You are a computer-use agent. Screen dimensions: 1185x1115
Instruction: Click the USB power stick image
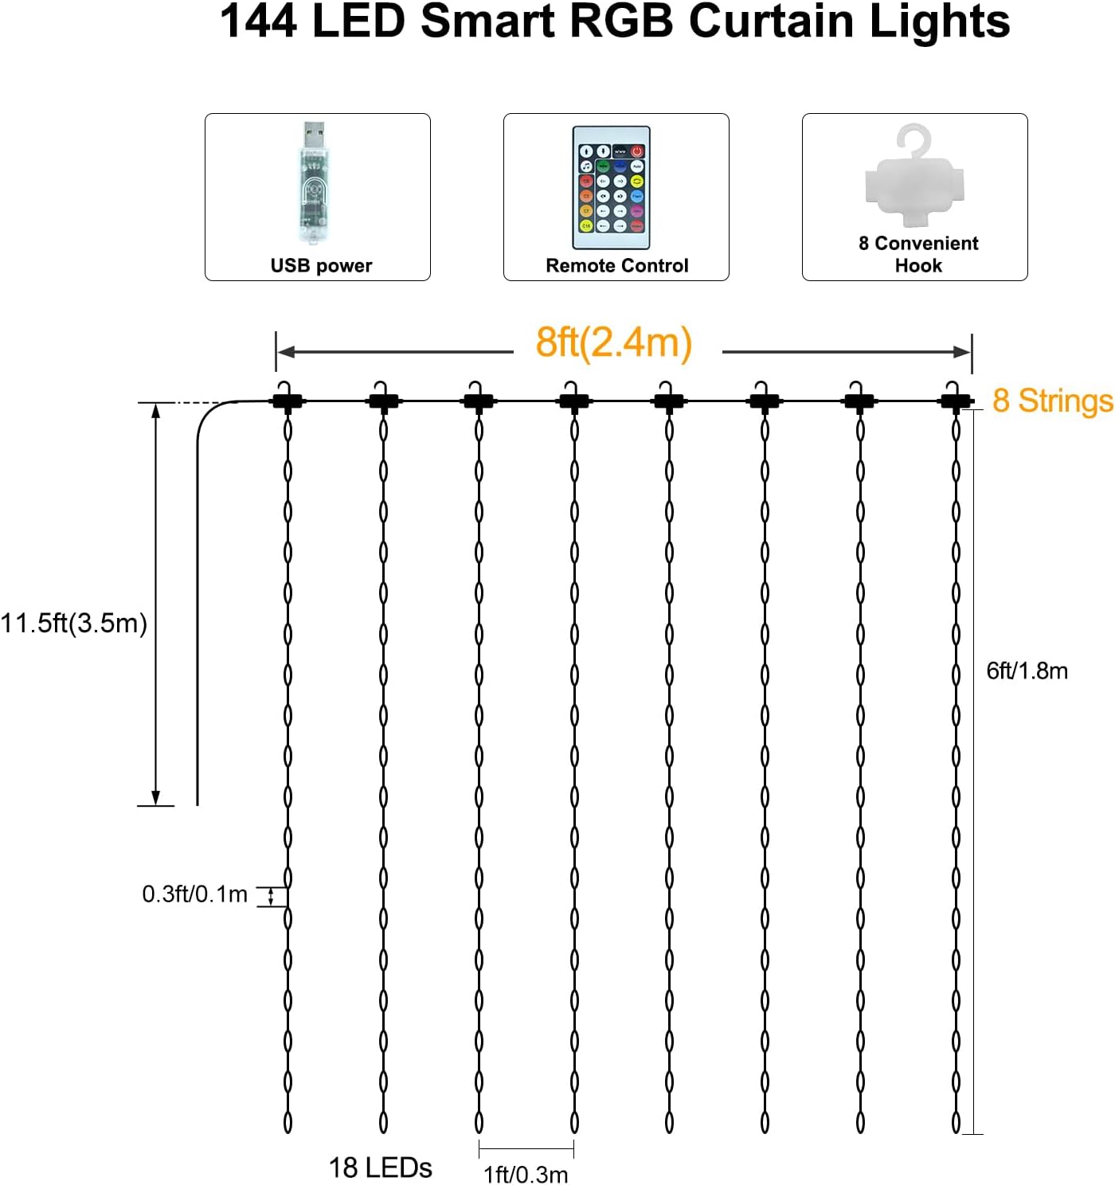[314, 185]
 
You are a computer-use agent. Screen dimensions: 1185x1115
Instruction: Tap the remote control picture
[611, 188]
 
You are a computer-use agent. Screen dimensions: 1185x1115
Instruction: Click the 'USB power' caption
[321, 266]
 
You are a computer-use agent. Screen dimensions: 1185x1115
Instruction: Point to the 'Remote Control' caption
[616, 266]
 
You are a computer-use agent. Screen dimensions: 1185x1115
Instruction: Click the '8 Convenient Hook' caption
[917, 254]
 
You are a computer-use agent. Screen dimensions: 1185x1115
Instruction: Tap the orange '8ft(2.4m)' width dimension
[613, 342]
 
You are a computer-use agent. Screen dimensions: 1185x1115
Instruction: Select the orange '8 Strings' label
[1052, 401]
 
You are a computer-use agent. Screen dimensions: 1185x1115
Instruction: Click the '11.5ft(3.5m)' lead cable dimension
[74, 623]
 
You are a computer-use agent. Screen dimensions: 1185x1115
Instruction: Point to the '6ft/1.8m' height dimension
[1027, 671]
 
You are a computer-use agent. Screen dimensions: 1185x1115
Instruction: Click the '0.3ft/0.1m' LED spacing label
[194, 894]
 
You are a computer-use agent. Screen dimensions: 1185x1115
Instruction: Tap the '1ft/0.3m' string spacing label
[526, 1174]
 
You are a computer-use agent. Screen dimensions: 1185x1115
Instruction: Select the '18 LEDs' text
[380, 1167]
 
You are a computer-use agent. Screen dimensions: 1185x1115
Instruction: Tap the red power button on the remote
[637, 151]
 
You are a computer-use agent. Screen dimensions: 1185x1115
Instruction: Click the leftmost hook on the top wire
[288, 396]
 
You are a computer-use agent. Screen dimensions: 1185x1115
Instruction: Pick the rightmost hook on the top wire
[953, 396]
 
